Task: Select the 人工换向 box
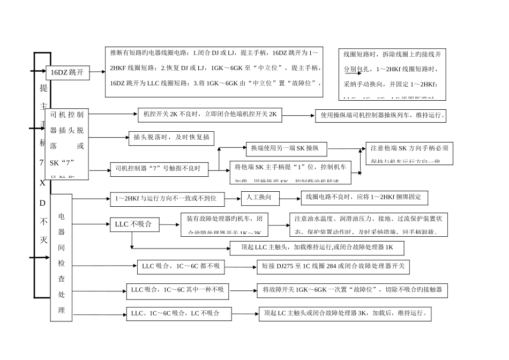[x=260, y=198]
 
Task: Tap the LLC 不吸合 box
[x=134, y=224]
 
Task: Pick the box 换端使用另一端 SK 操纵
[x=286, y=148]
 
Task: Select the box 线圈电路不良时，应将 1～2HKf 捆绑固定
[x=364, y=198]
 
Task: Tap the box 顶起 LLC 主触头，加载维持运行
[x=316, y=248]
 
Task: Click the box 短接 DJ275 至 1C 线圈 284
[x=333, y=266]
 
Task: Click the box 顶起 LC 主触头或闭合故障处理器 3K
[x=345, y=314]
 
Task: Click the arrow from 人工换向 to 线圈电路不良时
[x=290, y=198]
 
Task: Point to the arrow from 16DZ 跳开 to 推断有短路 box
[x=97, y=72]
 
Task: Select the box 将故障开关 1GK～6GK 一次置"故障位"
[x=352, y=290]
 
